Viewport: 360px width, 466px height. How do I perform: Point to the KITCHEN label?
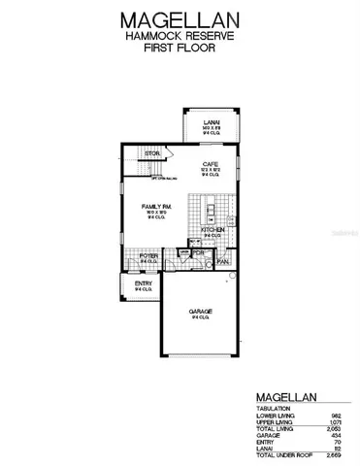click(213, 230)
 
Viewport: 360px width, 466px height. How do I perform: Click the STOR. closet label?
click(151, 153)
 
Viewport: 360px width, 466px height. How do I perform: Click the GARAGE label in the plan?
click(201, 311)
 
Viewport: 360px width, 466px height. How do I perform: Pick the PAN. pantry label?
click(222, 260)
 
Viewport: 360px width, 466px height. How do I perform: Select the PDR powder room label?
click(197, 252)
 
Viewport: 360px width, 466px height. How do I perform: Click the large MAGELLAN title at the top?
click(180, 18)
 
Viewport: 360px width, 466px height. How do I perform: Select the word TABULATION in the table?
click(275, 409)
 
